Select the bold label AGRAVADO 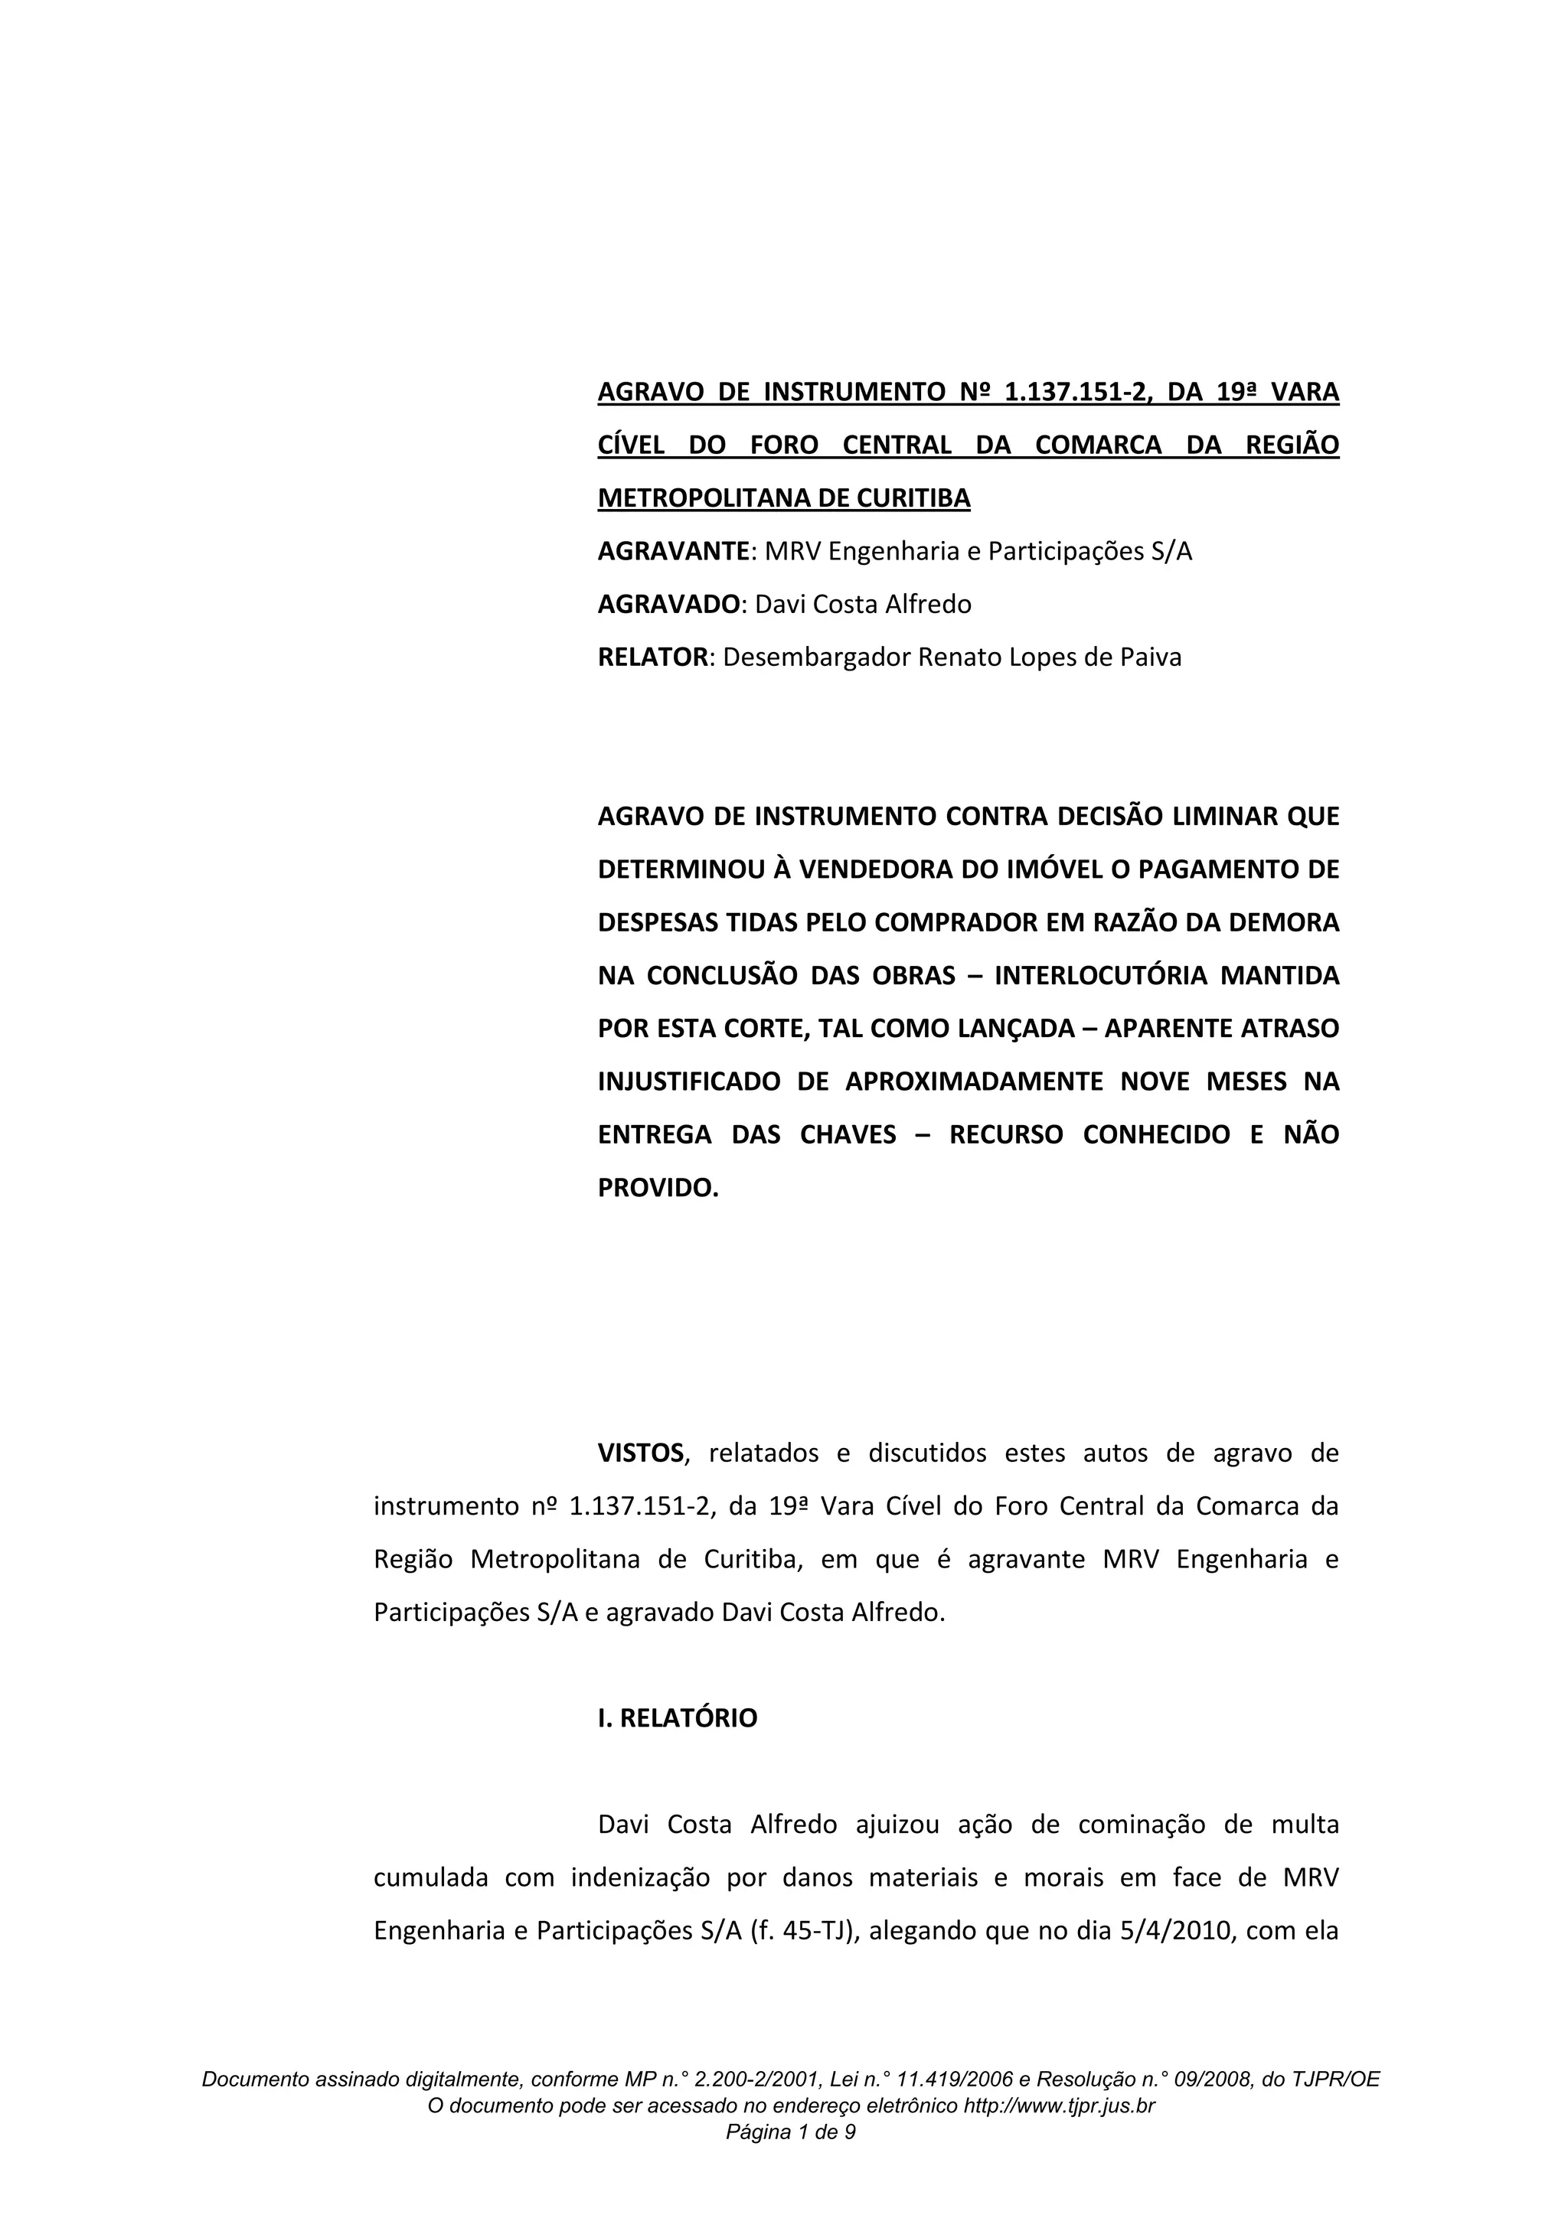coord(668,605)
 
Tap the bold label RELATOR coord(653,658)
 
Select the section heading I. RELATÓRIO coord(678,1718)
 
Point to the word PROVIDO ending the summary coord(657,1188)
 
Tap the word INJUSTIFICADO coord(688,1082)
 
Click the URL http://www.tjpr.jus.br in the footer coord(1059,2107)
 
